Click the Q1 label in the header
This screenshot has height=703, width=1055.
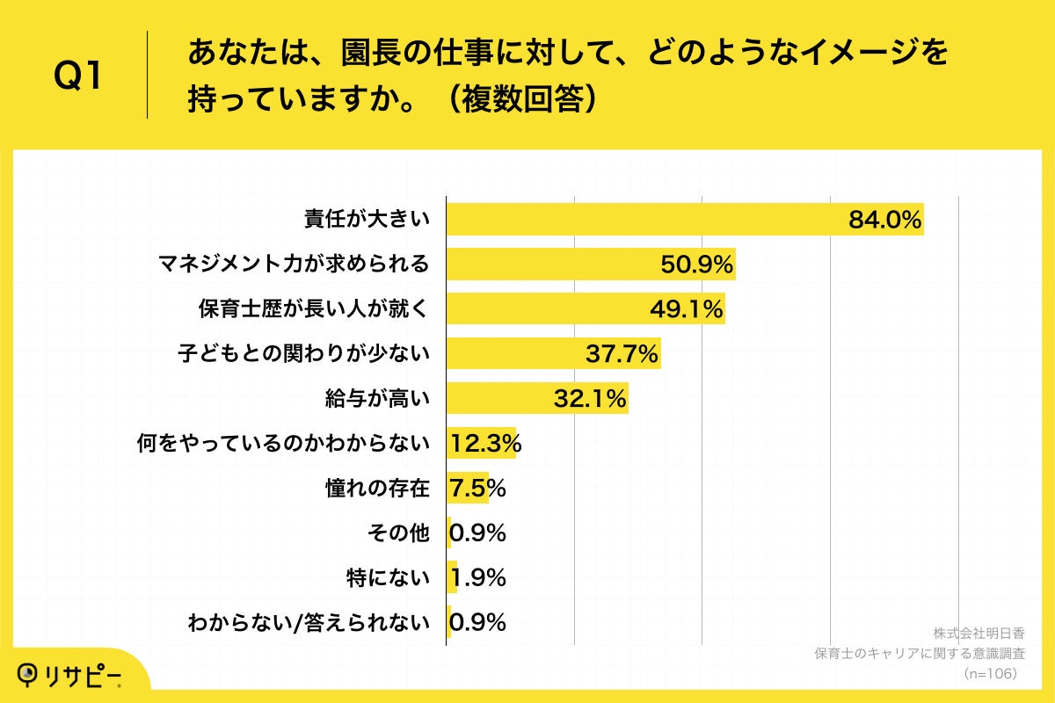(79, 77)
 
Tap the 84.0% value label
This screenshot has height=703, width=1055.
(884, 220)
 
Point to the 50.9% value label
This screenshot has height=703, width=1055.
(697, 265)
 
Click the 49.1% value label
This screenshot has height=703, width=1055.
(687, 309)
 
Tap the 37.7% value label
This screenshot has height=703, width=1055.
(622, 354)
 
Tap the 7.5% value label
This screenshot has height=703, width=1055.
(477, 489)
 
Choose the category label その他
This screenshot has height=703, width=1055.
(400, 533)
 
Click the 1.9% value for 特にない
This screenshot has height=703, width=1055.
(477, 578)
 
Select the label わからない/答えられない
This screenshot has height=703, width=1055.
(309, 623)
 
